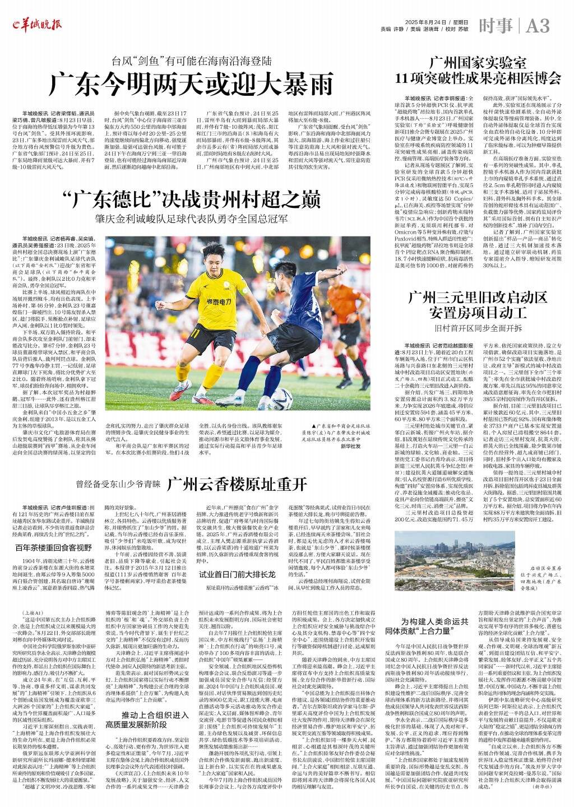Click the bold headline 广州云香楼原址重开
[237, 483]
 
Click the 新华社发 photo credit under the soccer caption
[350, 446]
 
